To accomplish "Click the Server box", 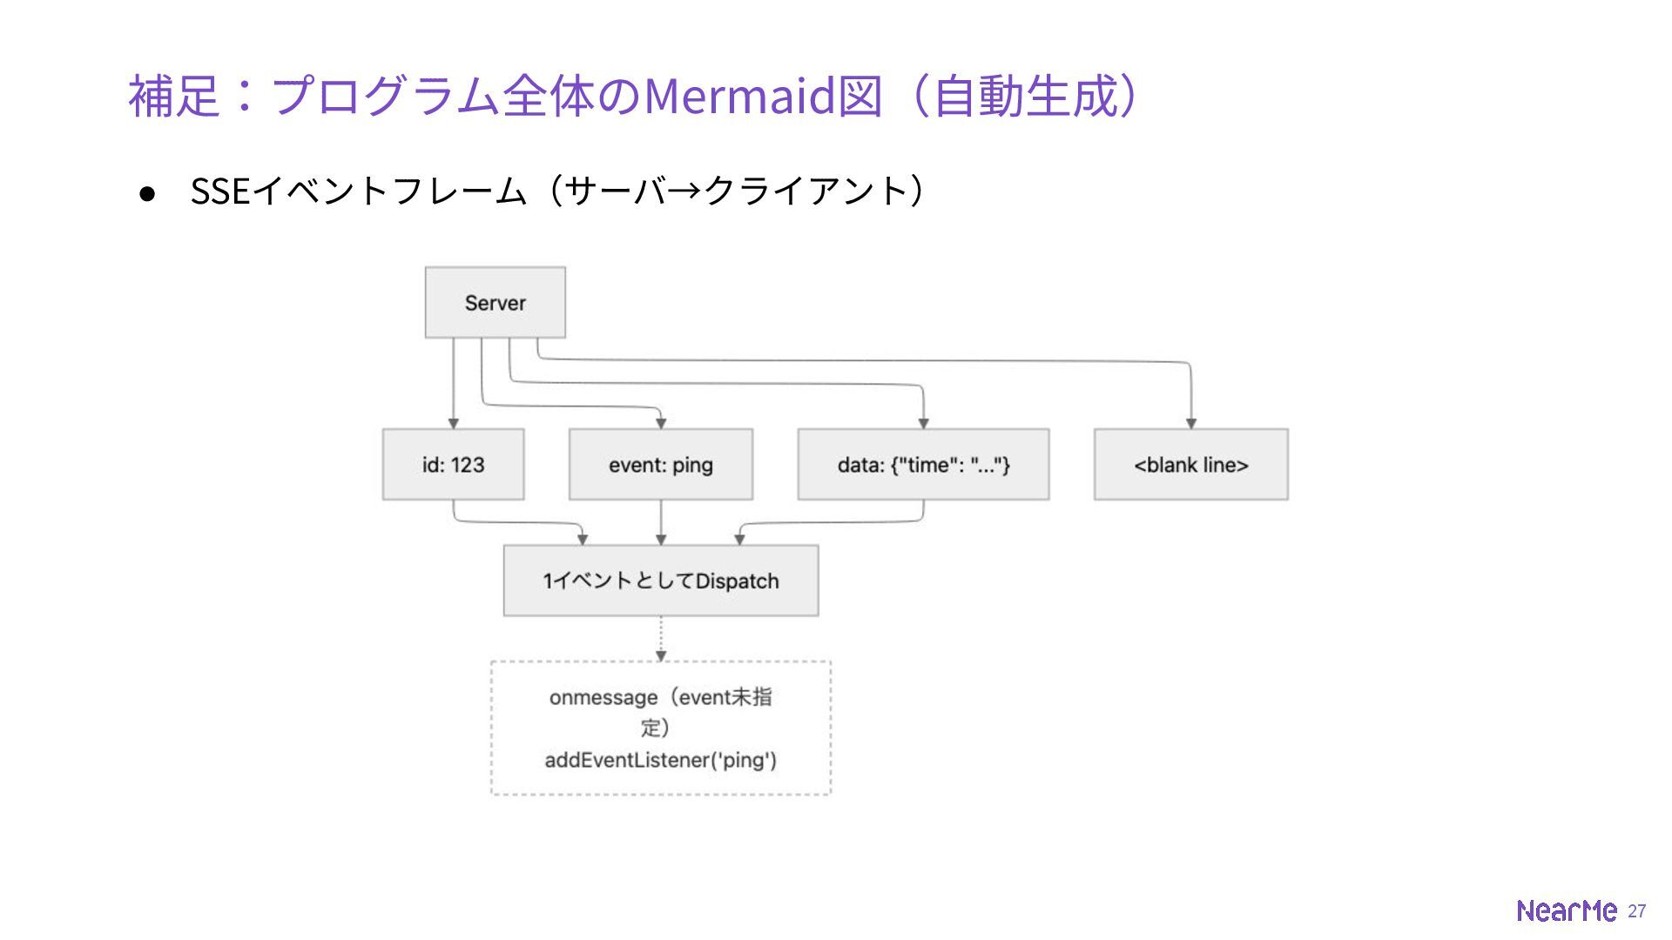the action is click(x=495, y=302).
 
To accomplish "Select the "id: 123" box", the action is click(x=453, y=464).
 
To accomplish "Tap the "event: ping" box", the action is click(x=661, y=464).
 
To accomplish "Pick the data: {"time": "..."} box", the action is click(x=923, y=464).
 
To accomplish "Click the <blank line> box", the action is click(x=1190, y=464).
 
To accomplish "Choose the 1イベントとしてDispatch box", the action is click(x=661, y=581).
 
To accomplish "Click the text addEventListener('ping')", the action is click(x=661, y=760).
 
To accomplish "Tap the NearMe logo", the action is click(x=1567, y=910).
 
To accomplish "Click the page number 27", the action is click(x=1637, y=910).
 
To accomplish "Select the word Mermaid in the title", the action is click(x=738, y=95).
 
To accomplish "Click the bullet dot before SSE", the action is click(x=147, y=193).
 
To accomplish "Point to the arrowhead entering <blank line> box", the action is click(x=1190, y=423).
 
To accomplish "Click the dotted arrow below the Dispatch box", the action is click(x=661, y=639).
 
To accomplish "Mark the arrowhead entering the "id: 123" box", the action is click(x=453, y=423).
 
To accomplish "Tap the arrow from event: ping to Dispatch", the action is click(x=661, y=522).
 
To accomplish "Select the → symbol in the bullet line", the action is click(x=684, y=191).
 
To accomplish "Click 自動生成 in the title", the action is click(x=1024, y=95).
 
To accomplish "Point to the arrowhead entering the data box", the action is click(x=923, y=423).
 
